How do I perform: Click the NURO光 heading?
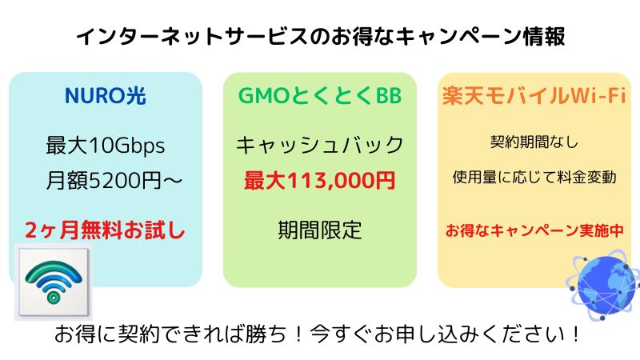coord(106,96)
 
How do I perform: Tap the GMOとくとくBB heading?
coord(320,96)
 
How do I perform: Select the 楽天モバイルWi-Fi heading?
coord(534,96)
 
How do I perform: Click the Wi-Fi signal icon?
coord(54,282)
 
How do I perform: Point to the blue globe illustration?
coord(604,286)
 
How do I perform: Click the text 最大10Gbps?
coord(106,146)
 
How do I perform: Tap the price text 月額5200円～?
coord(114,181)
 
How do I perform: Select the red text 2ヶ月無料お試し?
coord(105,230)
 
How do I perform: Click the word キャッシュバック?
coord(320,146)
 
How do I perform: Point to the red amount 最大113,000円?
coord(320,181)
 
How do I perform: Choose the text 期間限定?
coord(320,230)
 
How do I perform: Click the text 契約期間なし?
coord(534,142)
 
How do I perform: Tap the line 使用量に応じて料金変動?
coord(534,177)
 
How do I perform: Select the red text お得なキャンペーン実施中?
coord(534,230)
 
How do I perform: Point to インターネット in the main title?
coord(150,36)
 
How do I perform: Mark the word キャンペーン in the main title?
coord(458,36)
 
